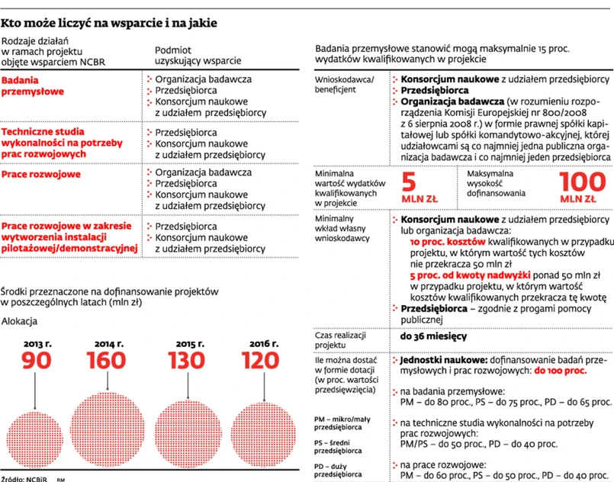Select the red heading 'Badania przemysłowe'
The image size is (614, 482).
(x=32, y=85)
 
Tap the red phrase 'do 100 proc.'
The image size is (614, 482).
(x=560, y=370)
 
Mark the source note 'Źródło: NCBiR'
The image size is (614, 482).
(x=24, y=477)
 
